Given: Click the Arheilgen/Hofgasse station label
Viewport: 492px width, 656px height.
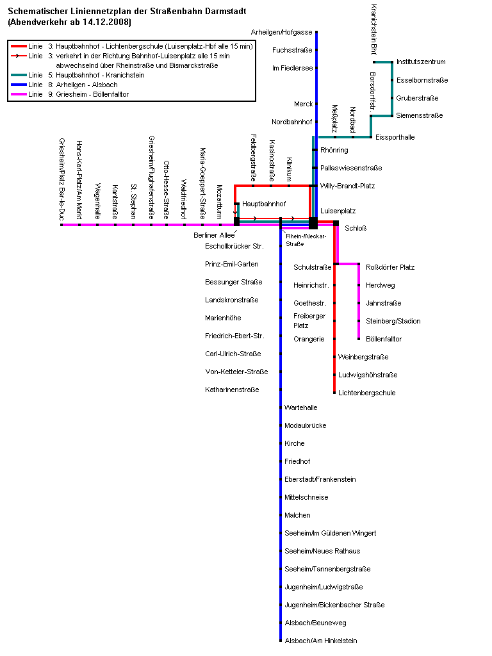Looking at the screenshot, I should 283,32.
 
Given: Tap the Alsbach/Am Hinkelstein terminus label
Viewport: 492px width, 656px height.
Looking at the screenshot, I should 321,641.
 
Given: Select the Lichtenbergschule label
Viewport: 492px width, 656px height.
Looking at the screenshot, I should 367,393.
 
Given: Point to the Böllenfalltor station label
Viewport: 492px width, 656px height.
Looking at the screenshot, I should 384,339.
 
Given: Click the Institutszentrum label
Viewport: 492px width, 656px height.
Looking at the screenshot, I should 421,61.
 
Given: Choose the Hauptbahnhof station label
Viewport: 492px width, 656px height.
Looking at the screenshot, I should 264,204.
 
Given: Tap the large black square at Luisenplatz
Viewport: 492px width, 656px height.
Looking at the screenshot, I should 313,223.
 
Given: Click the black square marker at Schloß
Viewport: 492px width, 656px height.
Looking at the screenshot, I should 336,223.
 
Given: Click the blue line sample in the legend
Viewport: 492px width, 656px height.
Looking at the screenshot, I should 18,85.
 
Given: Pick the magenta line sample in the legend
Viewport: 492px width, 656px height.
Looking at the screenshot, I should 18,94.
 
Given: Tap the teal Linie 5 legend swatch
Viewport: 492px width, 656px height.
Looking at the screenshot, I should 18,75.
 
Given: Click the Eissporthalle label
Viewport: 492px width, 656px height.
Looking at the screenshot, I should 395,137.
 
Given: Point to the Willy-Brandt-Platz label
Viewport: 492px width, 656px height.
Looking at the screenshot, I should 347,186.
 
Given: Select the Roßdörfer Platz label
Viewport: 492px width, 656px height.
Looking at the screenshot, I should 390,267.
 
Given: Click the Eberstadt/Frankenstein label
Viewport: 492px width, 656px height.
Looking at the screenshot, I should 320,479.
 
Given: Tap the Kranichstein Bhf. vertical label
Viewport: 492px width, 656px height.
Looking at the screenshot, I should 373,29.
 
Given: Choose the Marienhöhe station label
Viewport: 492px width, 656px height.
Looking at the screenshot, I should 224,318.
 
